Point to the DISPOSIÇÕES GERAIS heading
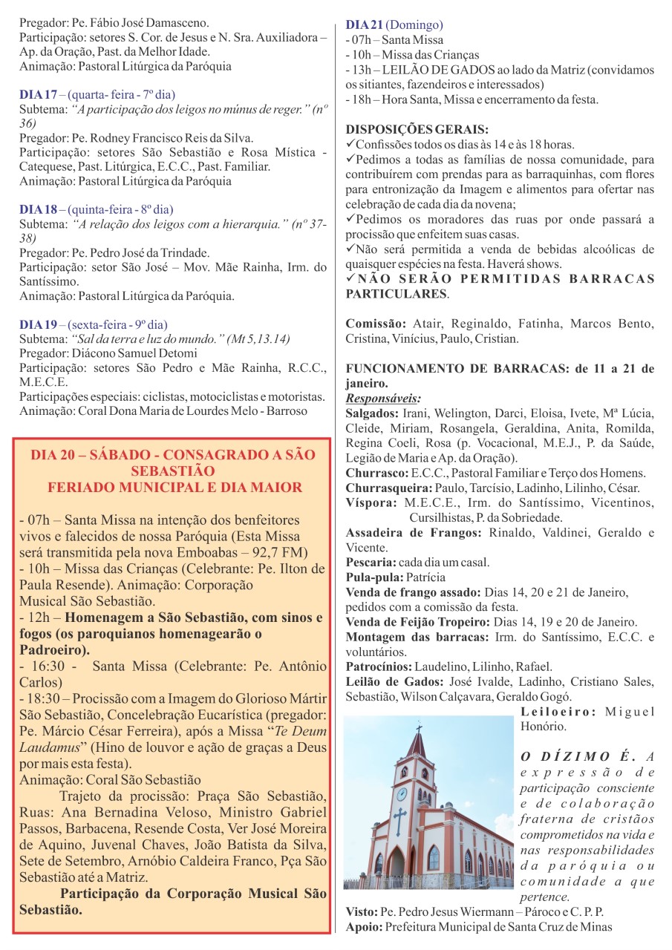click(x=417, y=129)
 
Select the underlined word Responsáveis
click(x=383, y=399)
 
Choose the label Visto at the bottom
click(x=362, y=911)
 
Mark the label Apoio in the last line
click(x=364, y=926)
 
